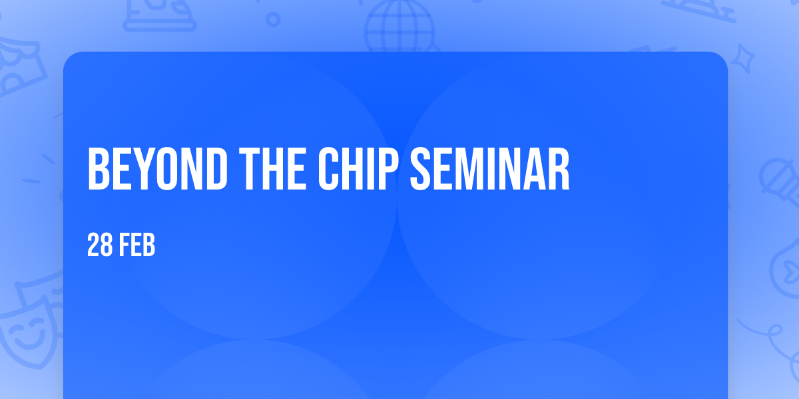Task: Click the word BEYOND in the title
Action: click(x=158, y=169)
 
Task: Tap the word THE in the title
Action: click(x=273, y=169)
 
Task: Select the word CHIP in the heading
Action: click(x=358, y=169)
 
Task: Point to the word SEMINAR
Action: click(x=490, y=169)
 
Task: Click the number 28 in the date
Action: click(x=100, y=245)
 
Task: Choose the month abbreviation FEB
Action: click(x=137, y=245)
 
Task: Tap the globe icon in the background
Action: click(x=400, y=27)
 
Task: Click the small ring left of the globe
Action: click(x=273, y=19)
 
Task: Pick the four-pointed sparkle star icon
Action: click(x=743, y=59)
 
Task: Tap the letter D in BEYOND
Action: click(x=216, y=169)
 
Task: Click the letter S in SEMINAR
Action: click(x=421, y=169)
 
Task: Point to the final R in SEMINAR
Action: click(x=559, y=169)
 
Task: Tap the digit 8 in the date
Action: click(x=107, y=245)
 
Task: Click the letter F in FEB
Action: click(x=125, y=245)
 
